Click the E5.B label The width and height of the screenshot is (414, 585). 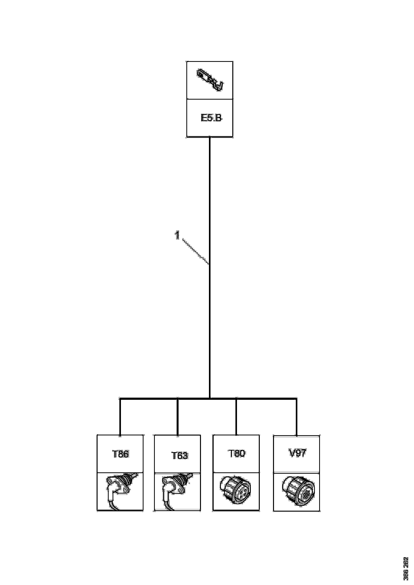211,118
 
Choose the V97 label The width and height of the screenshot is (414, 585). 297,453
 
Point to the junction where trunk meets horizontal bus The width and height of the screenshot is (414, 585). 210,398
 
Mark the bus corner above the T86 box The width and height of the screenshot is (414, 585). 120,398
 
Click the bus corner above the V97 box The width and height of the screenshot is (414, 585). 297,398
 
